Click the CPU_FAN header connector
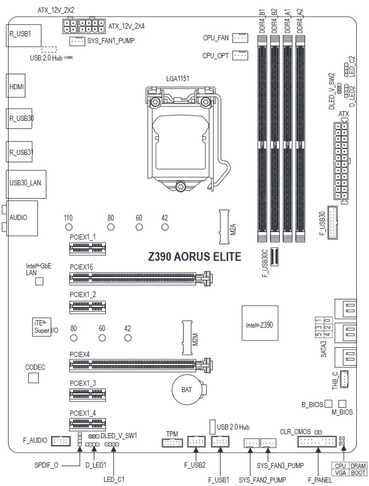coord(240,38)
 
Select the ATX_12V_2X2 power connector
coord(70,25)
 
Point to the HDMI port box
coord(16,86)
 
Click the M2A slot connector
coord(225,226)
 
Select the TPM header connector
coord(173,442)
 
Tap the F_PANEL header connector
coord(317,441)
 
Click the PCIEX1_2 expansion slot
coord(88,307)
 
